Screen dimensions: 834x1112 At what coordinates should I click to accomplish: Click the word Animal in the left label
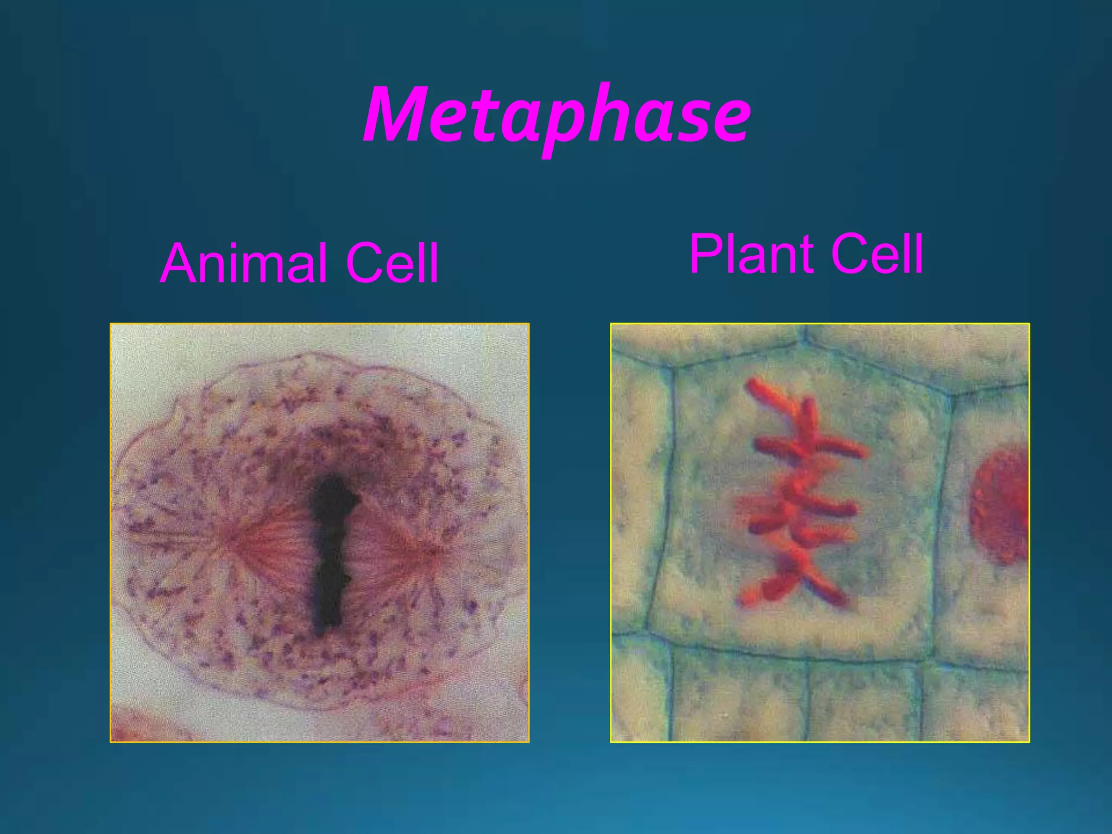[244, 264]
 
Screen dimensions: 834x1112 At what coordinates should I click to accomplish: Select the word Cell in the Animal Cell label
[392, 264]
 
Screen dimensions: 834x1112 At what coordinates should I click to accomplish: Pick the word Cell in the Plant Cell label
[877, 254]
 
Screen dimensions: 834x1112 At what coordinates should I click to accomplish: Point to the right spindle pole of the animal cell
[434, 551]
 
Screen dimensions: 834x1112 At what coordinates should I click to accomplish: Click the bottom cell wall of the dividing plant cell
[787, 654]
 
